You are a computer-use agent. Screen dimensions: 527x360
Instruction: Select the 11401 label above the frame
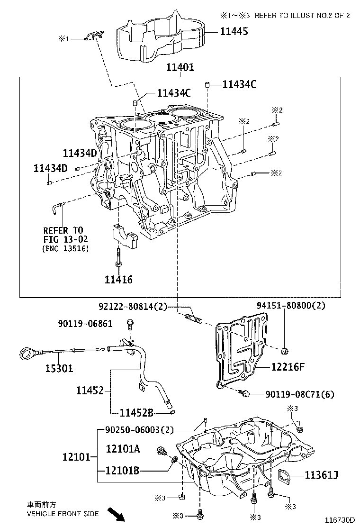[180, 68]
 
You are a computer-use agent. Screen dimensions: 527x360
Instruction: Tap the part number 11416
[118, 280]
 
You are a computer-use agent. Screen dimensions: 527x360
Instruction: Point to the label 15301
[59, 368]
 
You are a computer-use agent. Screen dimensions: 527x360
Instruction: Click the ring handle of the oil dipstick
[27, 354]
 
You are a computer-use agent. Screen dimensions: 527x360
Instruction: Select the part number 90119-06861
[85, 324]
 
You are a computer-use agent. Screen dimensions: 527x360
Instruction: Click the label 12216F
[288, 366]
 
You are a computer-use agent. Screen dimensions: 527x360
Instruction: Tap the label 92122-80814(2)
[133, 307]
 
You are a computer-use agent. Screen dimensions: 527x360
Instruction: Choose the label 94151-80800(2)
[291, 306]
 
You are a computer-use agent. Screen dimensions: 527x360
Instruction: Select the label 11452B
[136, 413]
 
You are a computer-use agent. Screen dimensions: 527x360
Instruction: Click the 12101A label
[123, 449]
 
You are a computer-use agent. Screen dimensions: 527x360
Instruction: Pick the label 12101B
[123, 471]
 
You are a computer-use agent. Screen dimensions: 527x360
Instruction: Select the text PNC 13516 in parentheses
[65, 248]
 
